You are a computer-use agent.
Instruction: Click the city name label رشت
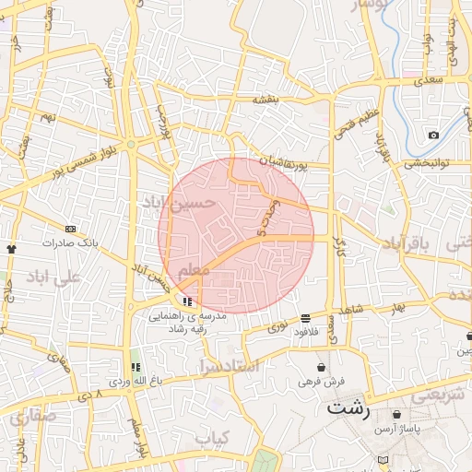348,408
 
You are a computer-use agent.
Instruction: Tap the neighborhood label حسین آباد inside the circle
179,202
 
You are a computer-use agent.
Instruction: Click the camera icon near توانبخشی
433,136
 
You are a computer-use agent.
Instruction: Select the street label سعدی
429,82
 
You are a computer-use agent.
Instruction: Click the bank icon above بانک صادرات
70,229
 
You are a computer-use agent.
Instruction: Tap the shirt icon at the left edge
11,248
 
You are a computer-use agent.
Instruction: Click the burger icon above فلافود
304,318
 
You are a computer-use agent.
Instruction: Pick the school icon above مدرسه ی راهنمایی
187,301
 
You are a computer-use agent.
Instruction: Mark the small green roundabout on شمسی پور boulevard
132,145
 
